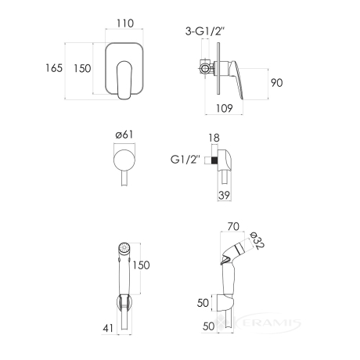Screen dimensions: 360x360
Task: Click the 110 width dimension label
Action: tap(125, 23)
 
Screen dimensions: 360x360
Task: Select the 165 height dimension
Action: tap(54, 68)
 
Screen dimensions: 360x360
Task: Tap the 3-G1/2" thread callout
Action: tap(205, 31)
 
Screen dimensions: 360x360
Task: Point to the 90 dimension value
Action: tap(276, 83)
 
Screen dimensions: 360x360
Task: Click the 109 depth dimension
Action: tap(224, 108)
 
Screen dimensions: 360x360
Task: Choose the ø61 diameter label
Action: tap(124, 135)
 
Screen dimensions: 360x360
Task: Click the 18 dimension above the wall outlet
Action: tap(214, 138)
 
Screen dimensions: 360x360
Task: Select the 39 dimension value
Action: tap(224, 195)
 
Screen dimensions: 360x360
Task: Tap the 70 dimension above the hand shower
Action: tap(233, 226)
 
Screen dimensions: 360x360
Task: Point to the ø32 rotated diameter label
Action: tap(257, 241)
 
